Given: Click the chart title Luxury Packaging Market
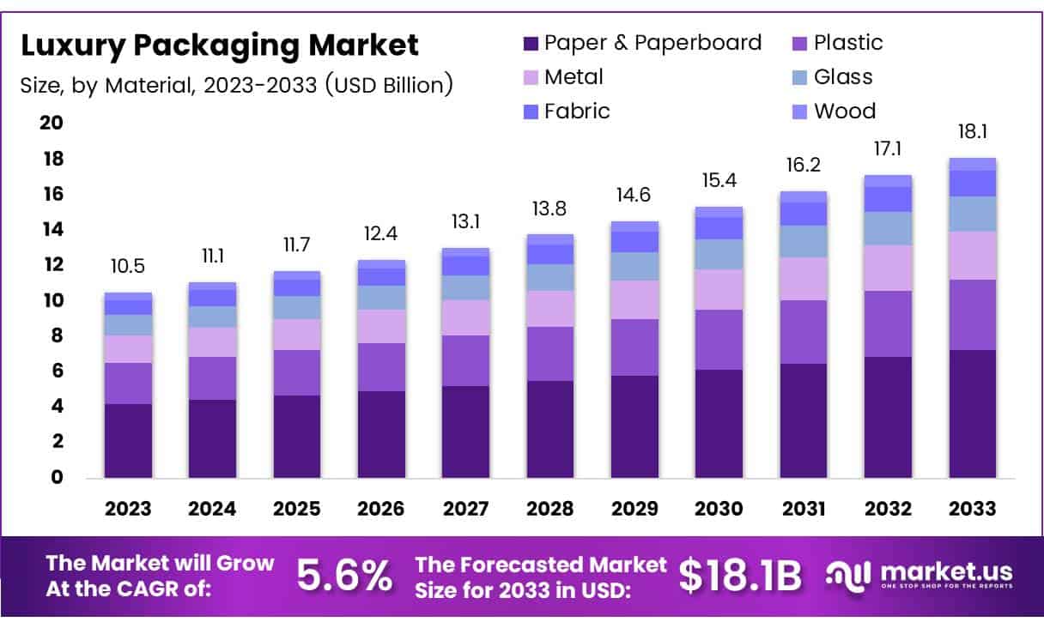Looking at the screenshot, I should tap(220, 45).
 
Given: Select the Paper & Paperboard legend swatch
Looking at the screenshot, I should tap(531, 43).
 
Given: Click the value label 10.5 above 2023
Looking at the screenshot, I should tap(128, 267).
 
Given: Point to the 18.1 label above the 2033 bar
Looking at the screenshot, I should tap(972, 133).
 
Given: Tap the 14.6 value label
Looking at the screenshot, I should tap(634, 196).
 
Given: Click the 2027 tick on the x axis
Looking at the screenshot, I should tap(465, 509).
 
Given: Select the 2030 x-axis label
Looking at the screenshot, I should tap(719, 509).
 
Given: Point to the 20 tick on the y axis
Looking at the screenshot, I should tap(52, 124).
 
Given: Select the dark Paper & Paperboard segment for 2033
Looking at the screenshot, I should tap(972, 414).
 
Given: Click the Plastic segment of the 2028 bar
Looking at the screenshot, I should tap(549, 353).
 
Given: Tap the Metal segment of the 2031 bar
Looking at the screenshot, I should tap(803, 279).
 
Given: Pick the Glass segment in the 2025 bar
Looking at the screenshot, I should tap(296, 307).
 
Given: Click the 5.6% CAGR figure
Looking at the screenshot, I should tap(343, 576).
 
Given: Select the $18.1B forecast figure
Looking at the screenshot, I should tap(739, 576).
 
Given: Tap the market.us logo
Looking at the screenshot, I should tap(919, 576).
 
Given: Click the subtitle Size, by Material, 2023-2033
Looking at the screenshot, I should tap(236, 84).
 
